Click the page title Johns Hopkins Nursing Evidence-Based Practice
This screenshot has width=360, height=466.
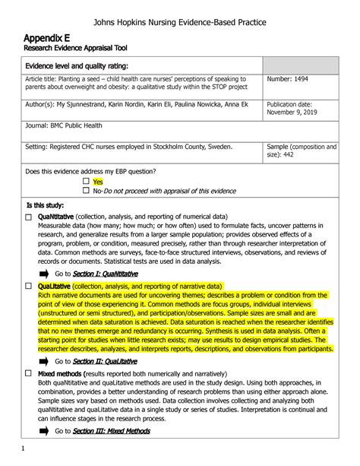180,22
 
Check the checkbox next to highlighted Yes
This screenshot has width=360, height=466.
86,182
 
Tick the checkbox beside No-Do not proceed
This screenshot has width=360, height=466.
86,191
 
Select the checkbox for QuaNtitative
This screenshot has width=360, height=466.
28,217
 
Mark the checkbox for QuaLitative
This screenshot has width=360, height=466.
28,287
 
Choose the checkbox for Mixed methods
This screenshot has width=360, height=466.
28,374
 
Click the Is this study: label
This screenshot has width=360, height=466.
45,205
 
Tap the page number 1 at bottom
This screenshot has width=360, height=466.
23,449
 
